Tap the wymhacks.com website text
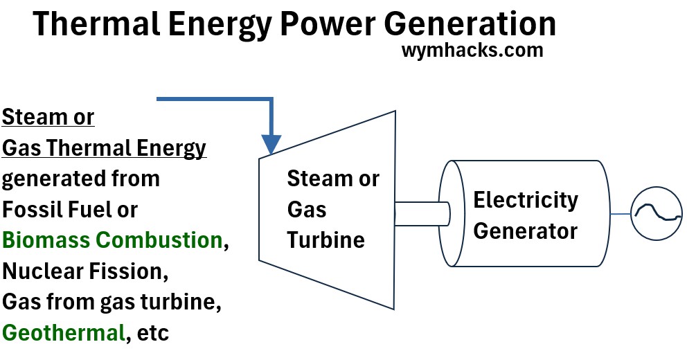(x=472, y=51)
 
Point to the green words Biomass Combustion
(x=111, y=240)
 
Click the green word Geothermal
(x=63, y=332)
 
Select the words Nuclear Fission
(x=85, y=271)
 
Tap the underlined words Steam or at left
(x=48, y=117)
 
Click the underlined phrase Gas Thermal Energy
(x=105, y=147)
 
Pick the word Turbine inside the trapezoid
(x=325, y=240)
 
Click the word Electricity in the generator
(x=525, y=201)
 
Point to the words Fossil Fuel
(x=70, y=209)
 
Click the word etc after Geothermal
(x=152, y=332)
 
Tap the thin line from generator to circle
(x=621, y=214)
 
